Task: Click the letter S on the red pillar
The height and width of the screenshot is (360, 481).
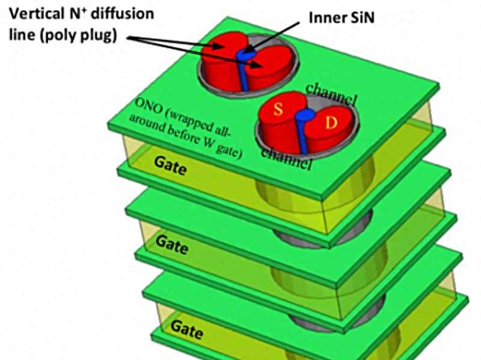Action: [278, 109]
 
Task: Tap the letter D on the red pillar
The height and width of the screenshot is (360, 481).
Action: [330, 124]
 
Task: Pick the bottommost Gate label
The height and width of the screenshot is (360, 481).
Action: [185, 327]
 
